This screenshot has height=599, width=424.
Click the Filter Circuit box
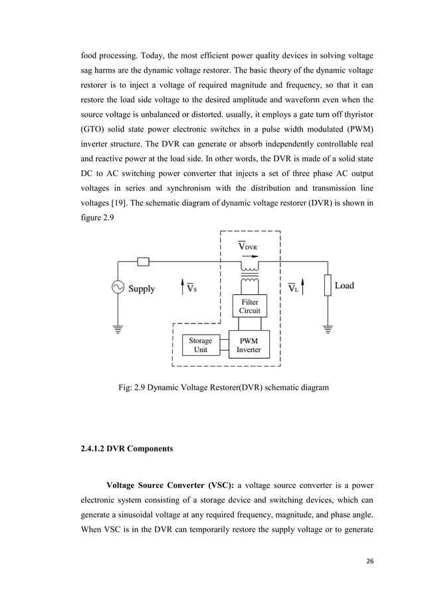tap(250, 306)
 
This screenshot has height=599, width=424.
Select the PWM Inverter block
tap(249, 345)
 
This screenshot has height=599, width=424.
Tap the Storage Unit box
tap(200, 345)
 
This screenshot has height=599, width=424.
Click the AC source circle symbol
tap(118, 288)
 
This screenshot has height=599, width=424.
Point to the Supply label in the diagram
tap(142, 289)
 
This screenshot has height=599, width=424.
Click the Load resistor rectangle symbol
tap(327, 286)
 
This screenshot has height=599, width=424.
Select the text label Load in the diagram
tap(344, 286)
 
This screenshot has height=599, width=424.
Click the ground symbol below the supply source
tap(118, 329)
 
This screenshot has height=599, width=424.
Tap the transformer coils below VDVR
tap(250, 272)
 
